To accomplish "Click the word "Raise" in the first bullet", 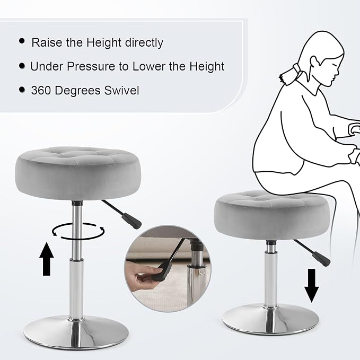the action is [47, 42].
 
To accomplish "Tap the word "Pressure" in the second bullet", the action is [91, 66].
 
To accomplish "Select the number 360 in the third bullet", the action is [41, 90].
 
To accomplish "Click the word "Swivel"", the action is [122, 90].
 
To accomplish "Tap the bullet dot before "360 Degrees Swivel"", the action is [22, 90].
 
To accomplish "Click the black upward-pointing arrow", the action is [47, 259].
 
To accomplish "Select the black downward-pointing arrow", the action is [312, 286].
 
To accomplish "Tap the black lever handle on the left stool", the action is [131, 221].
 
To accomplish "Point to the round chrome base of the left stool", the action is [76, 332].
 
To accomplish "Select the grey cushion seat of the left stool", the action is [78, 173].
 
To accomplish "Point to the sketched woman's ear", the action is [315, 62].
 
